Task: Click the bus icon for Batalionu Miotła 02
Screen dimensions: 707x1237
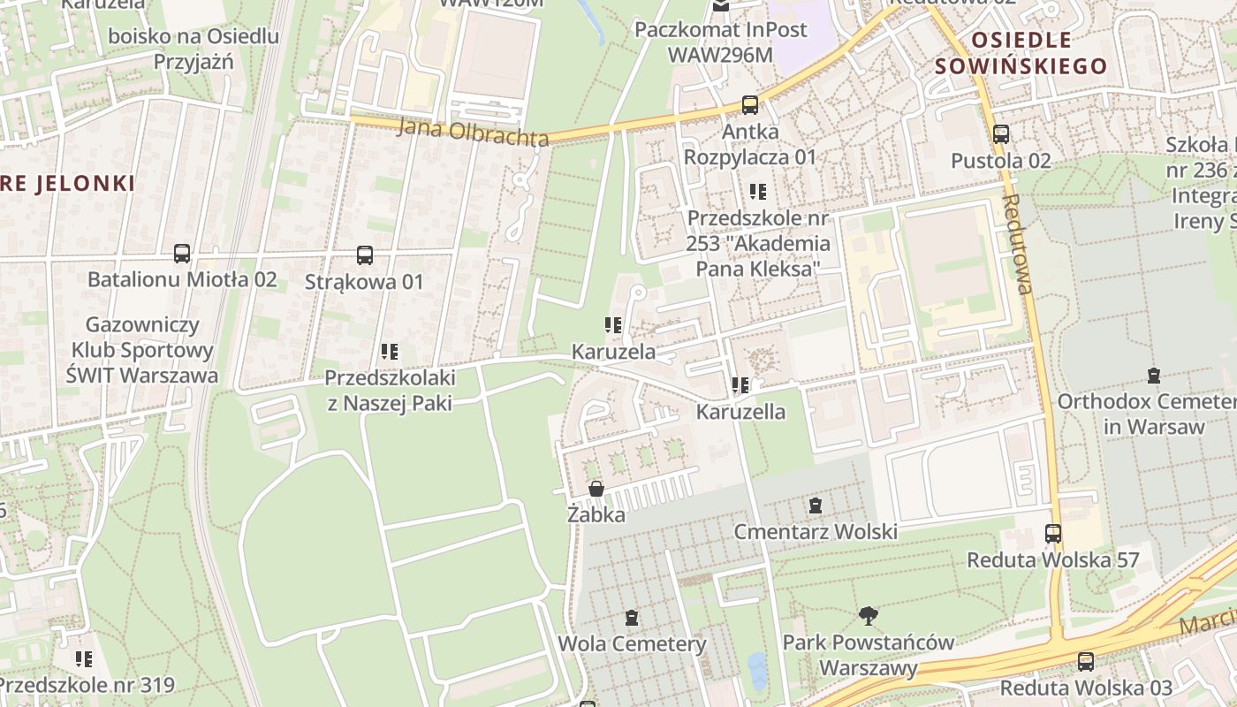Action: tap(182, 255)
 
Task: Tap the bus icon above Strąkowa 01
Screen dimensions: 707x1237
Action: tap(365, 255)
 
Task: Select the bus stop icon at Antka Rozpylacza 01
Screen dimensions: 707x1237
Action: tap(750, 105)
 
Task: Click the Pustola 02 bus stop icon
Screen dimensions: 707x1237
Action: tap(1001, 134)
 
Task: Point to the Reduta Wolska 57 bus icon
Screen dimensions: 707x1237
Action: tap(1053, 534)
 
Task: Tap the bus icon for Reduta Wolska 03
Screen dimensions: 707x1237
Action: tap(1086, 662)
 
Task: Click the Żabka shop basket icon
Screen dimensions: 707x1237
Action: tap(596, 489)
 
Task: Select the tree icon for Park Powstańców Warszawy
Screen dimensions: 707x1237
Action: tap(869, 616)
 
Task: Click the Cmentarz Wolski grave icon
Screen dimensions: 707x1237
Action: tap(816, 506)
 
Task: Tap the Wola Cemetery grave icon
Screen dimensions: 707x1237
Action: tap(632, 618)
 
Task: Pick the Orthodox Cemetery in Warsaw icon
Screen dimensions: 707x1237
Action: tap(1154, 376)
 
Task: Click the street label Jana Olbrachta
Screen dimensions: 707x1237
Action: tap(473, 131)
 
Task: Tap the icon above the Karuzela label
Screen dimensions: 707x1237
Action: tap(613, 325)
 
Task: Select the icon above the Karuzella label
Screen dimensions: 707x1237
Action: tap(740, 385)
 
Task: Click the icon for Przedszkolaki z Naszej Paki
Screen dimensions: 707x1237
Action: tap(390, 352)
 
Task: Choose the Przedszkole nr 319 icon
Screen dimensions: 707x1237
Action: tap(85, 659)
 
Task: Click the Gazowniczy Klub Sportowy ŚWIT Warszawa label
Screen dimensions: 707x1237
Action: tap(142, 350)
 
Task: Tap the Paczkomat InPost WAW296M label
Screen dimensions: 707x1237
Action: tap(721, 42)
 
